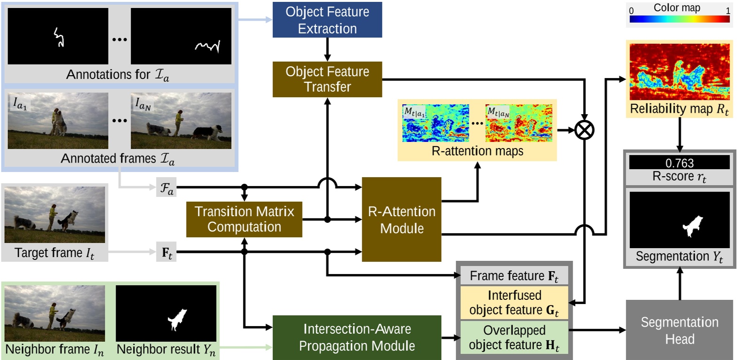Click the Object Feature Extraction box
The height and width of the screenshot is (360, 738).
[x=327, y=20]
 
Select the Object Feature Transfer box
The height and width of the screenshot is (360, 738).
[x=327, y=79]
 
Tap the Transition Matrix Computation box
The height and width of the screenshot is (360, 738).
[x=244, y=219]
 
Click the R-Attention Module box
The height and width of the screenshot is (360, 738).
[x=401, y=219]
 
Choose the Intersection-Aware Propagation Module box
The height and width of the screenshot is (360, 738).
[x=357, y=337]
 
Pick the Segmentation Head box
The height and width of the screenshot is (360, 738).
[x=679, y=330]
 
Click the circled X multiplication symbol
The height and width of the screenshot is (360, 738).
[x=584, y=130]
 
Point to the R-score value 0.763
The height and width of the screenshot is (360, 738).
[x=679, y=163]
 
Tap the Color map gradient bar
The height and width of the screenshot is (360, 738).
[x=679, y=19]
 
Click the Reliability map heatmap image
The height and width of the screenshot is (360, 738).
[x=679, y=72]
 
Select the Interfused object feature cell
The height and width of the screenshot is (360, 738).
[x=514, y=303]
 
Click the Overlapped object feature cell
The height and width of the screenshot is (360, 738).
[x=514, y=337]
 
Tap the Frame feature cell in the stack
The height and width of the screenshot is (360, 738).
[x=514, y=276]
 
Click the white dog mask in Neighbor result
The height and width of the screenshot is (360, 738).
[x=177, y=319]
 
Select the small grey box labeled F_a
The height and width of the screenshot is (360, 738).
[x=167, y=188]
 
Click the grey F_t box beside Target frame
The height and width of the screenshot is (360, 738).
[x=167, y=252]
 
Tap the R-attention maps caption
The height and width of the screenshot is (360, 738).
[x=477, y=151]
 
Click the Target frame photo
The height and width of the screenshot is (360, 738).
[x=55, y=214]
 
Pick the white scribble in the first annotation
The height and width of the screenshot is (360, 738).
[x=59, y=37]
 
